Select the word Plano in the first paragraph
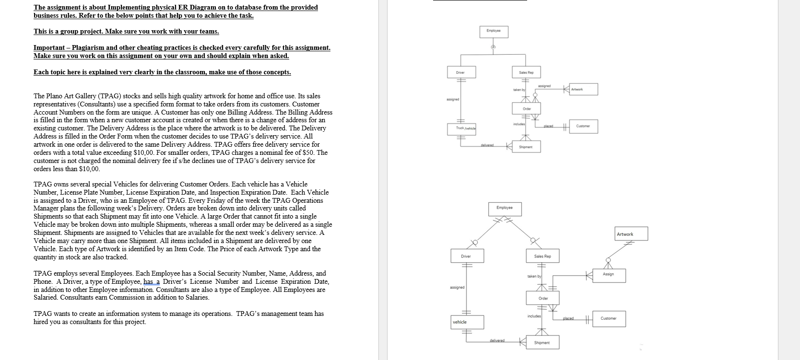[57, 96]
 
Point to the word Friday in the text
[208, 200]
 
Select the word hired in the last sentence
[41, 322]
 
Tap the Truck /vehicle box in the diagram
[465, 128]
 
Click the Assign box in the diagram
[608, 274]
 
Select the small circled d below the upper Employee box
[493, 47]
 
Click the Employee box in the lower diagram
[505, 208]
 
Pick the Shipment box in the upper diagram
[526, 147]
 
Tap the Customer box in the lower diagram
[608, 318]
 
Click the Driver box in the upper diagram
[459, 72]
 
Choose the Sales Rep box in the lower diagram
[542, 256]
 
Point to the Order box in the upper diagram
[527, 109]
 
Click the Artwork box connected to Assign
[631, 234]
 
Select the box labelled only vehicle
[467, 322]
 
